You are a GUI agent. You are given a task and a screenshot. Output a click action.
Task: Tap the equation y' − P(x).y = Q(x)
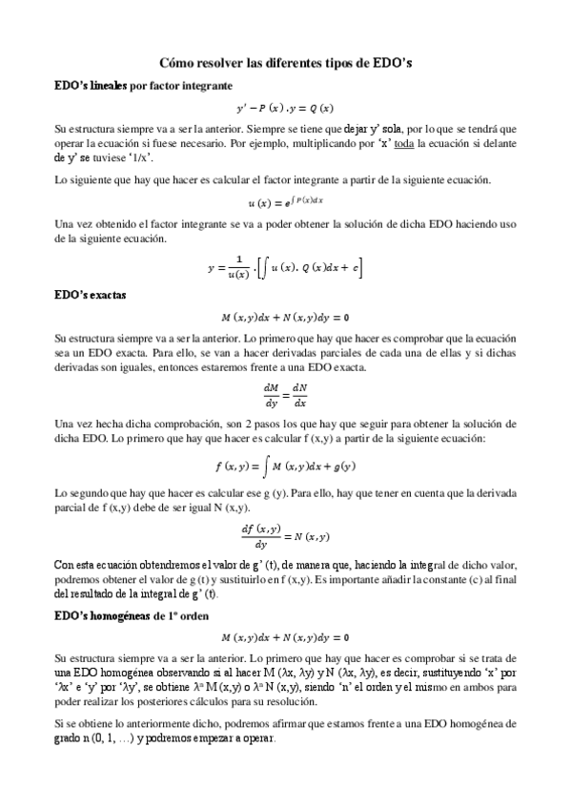tap(285, 107)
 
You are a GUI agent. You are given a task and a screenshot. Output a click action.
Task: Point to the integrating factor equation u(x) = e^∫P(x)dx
tap(285, 201)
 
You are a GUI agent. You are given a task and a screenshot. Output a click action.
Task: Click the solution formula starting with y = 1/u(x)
tap(285, 269)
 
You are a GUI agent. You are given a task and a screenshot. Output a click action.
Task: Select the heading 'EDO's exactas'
tap(91, 295)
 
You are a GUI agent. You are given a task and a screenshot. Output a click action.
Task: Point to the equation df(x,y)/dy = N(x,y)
tap(285, 533)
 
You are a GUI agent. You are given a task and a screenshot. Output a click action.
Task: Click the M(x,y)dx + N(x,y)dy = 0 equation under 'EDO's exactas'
tap(285, 316)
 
